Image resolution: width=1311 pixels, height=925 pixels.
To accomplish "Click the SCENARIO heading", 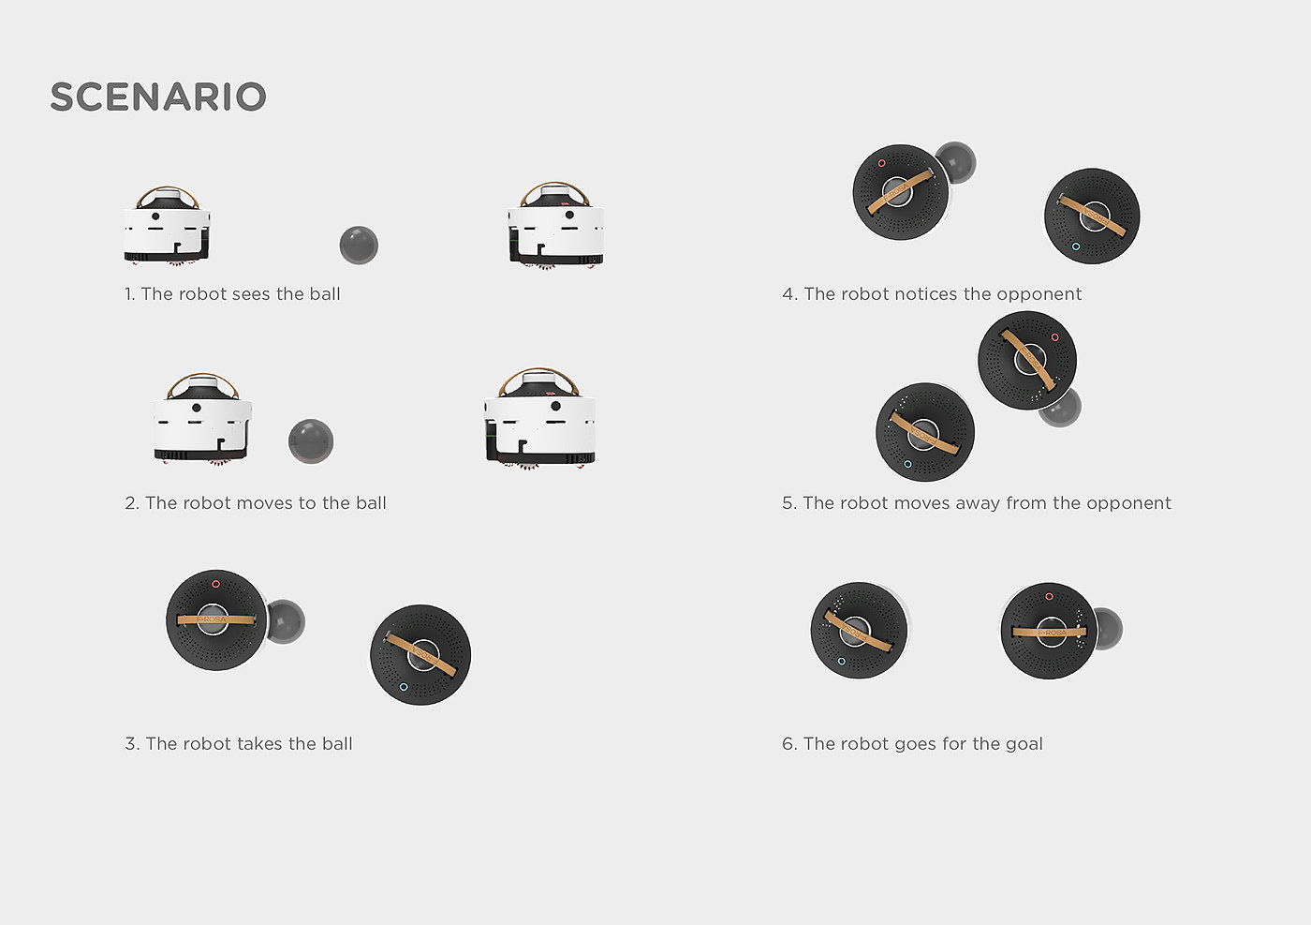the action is click(x=158, y=97).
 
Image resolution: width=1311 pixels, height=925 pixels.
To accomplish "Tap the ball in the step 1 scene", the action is click(x=359, y=246).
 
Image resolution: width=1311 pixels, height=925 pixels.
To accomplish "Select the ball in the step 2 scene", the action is click(x=311, y=441).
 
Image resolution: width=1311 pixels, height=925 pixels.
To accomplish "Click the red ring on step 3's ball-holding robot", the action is click(x=216, y=584).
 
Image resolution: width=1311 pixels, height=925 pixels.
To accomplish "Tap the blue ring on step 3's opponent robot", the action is click(x=404, y=687).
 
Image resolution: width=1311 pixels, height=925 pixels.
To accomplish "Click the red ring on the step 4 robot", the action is click(x=881, y=163).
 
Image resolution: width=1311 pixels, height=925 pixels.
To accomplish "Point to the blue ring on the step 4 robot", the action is click(x=1076, y=246).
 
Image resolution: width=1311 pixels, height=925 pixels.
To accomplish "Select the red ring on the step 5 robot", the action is click(x=1054, y=337).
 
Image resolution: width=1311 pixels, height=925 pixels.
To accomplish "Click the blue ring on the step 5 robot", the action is click(x=907, y=464).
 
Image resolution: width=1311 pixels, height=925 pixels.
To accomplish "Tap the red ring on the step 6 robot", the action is click(x=1049, y=596).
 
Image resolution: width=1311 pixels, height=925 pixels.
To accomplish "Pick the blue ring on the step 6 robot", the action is click(x=842, y=662).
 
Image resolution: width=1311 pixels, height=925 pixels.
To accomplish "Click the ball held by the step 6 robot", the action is click(x=1107, y=629).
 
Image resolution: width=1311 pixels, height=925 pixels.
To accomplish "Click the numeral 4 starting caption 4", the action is click(x=787, y=294).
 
